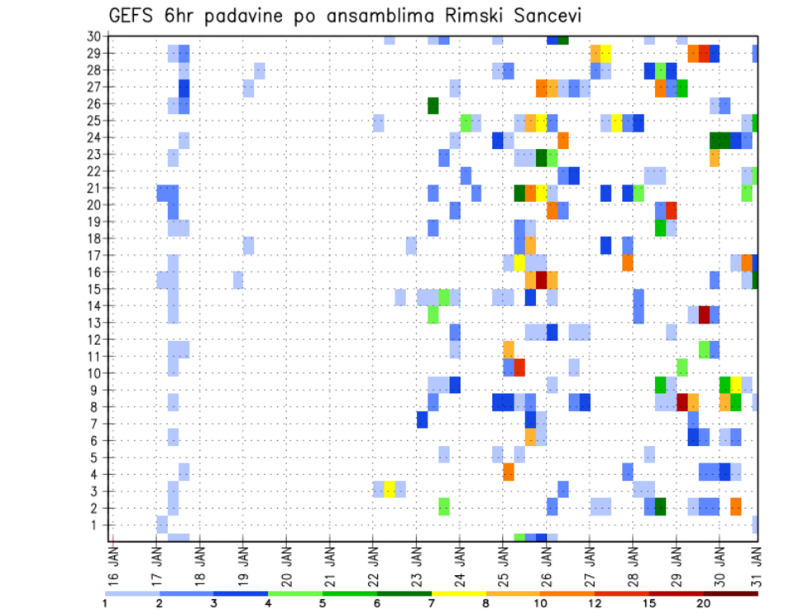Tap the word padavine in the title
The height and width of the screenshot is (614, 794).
(266, 16)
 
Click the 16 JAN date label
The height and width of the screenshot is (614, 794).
(113, 562)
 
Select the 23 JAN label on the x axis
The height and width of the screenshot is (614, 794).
(416, 562)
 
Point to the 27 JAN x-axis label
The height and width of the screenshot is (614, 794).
(589, 562)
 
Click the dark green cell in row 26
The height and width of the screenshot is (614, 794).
(433, 105)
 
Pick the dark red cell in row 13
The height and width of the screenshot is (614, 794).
(704, 314)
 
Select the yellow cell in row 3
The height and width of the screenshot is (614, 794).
(390, 488)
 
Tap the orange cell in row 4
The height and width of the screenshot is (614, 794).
(509, 472)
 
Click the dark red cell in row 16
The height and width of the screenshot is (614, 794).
(541, 280)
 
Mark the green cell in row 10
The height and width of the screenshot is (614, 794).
(682, 365)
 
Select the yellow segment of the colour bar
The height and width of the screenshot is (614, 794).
(459, 593)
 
